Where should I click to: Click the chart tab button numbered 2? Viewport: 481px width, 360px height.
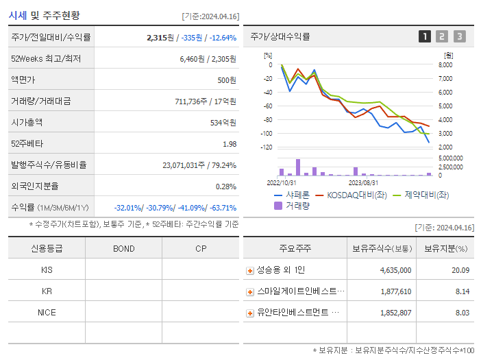(x=442, y=36)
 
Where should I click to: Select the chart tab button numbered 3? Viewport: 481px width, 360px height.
(x=459, y=36)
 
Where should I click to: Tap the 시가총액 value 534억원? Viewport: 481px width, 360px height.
(x=223, y=122)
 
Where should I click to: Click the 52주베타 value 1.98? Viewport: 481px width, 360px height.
(x=230, y=143)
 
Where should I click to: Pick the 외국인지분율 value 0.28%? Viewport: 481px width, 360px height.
(x=226, y=186)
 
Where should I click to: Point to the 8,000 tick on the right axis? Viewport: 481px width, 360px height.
(x=445, y=65)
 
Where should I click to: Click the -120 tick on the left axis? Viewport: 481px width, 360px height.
(x=267, y=147)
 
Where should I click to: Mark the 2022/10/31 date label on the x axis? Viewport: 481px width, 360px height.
(x=281, y=183)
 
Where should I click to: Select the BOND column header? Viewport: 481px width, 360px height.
(x=124, y=248)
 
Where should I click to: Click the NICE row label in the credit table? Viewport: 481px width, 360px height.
(x=47, y=312)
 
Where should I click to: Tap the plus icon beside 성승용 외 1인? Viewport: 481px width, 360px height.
(x=250, y=271)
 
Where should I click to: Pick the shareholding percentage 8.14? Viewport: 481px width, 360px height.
(x=462, y=291)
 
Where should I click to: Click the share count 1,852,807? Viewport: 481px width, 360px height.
(x=395, y=313)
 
